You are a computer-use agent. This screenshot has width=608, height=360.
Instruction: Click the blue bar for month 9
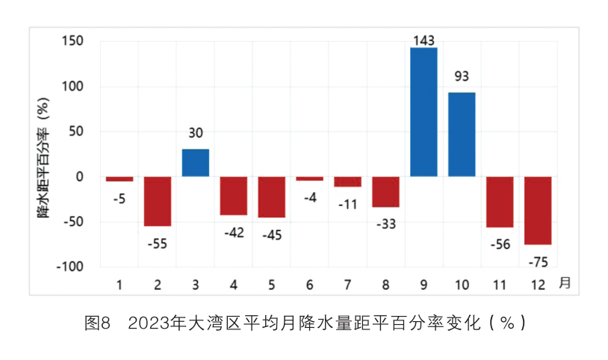(x=424, y=112)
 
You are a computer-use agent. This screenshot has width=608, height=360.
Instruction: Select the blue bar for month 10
(x=462, y=134)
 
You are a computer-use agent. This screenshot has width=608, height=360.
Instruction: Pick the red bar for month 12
(x=538, y=211)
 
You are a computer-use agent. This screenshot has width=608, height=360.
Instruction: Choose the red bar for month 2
(x=158, y=202)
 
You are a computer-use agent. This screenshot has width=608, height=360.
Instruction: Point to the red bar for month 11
(x=500, y=202)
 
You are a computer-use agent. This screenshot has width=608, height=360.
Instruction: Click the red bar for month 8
(x=385, y=192)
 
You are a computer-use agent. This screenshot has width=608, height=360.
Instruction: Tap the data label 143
(x=424, y=40)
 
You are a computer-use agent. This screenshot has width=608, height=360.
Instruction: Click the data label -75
(x=538, y=261)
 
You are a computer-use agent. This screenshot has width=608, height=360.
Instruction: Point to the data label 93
(x=462, y=76)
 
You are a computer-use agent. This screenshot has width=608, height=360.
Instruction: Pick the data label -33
(x=385, y=223)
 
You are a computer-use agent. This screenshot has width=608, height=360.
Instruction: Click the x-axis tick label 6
(x=309, y=285)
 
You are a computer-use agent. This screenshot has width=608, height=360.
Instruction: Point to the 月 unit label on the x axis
(x=565, y=283)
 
